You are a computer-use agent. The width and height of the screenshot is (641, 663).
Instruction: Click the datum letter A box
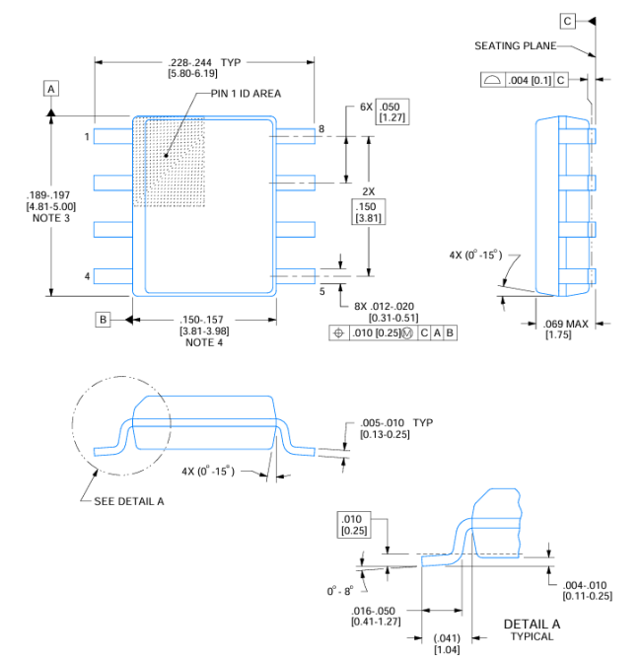[51, 89]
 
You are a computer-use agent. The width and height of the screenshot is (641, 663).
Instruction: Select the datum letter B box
[103, 320]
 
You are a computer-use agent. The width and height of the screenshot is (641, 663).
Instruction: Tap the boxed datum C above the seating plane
[567, 21]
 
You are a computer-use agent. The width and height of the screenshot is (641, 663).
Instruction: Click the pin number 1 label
[87, 136]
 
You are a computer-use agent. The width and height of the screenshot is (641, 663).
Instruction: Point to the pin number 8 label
[321, 129]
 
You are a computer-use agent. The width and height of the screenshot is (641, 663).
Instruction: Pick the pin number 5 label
[321, 291]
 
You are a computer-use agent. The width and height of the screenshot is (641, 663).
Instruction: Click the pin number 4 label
[87, 276]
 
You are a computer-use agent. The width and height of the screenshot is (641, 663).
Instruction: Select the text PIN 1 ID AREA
[246, 94]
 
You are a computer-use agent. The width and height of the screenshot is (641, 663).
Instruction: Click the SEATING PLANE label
[516, 45]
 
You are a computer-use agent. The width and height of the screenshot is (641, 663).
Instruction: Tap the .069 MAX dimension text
[566, 324]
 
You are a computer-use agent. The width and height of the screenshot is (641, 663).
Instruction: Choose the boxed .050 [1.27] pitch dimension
[392, 111]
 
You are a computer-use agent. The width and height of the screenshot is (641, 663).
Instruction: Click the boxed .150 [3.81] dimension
[369, 212]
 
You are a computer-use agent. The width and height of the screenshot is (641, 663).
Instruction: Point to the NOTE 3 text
[51, 218]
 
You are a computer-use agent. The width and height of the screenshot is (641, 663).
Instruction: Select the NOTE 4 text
[204, 342]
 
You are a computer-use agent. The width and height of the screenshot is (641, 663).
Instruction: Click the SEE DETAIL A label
[129, 501]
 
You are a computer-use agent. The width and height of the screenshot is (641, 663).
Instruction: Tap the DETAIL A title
[532, 625]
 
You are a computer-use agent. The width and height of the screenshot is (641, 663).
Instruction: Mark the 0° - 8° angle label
[339, 591]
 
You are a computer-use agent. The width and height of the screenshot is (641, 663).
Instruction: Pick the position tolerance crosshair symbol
[339, 333]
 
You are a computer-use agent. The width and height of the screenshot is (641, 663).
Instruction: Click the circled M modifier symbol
[407, 333]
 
